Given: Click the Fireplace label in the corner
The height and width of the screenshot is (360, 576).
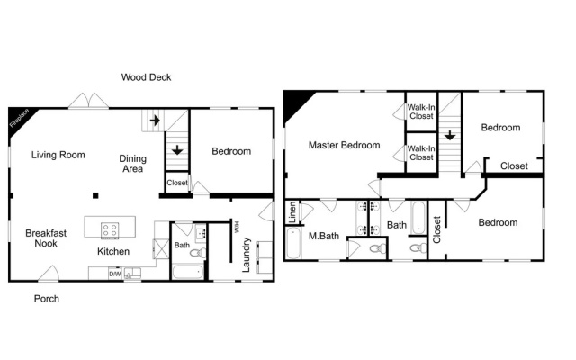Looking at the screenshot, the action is [19, 118].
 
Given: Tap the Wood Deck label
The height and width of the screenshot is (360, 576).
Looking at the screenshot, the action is [146, 77].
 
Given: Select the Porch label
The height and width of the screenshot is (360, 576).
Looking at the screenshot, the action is [47, 299].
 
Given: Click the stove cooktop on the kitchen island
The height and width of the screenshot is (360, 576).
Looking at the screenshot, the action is [110, 230].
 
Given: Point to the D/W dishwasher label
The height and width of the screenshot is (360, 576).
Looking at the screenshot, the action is [115, 274].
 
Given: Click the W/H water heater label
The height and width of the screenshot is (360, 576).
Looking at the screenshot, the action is [237, 226].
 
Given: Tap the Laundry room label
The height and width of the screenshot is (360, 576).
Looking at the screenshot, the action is [246, 255].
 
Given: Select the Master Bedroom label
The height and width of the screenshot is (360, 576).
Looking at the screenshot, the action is [344, 146].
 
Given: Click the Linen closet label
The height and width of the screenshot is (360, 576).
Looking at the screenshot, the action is [292, 212].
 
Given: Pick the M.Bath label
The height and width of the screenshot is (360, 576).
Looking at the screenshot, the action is [324, 236].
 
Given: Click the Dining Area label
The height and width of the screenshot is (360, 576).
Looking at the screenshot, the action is [132, 164].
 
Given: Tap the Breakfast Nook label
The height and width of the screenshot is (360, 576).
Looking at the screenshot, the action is [46, 238].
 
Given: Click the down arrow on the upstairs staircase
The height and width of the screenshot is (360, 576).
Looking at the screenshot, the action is [450, 135].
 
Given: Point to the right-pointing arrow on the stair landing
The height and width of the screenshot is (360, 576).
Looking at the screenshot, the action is [155, 120].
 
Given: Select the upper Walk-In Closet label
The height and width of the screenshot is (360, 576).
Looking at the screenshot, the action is [421, 112].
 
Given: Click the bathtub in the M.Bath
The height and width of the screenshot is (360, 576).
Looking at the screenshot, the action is [293, 243].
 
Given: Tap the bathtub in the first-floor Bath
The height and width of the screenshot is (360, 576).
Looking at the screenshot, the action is [188, 272].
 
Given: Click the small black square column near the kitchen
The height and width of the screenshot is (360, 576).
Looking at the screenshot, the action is [95, 195].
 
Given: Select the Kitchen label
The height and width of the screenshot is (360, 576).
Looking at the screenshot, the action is [113, 252].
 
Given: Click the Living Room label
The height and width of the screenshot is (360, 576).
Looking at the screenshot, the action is [58, 155].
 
